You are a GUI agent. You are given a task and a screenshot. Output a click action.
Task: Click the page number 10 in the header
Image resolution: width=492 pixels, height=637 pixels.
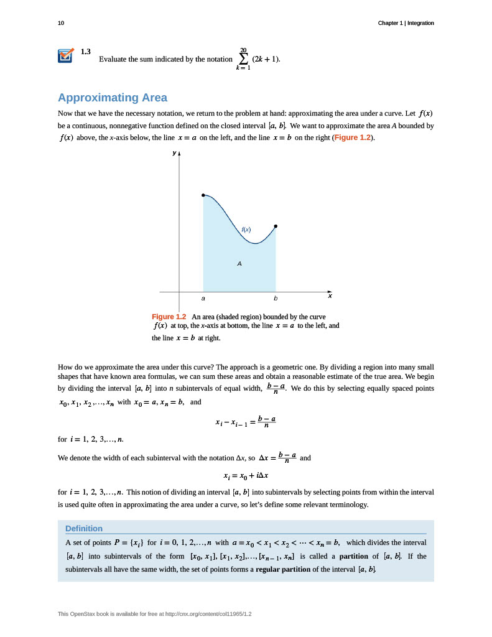(60, 23)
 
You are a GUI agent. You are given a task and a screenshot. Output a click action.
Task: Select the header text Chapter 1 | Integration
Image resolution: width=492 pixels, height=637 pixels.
(406, 23)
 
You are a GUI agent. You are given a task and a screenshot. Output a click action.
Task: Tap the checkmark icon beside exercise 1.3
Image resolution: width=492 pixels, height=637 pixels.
(65, 55)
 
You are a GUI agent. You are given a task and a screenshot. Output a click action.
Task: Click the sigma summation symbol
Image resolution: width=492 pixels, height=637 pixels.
(243, 59)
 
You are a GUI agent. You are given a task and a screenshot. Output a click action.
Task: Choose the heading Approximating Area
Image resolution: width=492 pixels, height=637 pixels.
(112, 98)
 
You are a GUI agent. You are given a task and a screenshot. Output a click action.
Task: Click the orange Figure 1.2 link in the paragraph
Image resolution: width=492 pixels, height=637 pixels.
(353, 137)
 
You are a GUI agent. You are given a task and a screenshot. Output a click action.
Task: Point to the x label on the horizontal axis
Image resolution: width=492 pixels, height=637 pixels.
(330, 296)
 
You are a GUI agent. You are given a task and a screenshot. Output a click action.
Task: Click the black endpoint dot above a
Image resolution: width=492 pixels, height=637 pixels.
(203, 195)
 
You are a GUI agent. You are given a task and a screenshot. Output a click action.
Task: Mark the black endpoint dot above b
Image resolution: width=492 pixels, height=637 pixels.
(276, 226)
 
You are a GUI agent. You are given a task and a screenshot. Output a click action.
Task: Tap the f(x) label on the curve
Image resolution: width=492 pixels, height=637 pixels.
(246, 230)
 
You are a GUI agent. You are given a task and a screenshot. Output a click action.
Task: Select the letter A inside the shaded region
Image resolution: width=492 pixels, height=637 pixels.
(239, 264)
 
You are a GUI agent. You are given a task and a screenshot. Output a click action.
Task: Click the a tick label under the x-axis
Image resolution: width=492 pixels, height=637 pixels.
(203, 299)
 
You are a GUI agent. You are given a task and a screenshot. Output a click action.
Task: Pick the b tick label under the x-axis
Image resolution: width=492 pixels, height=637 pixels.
(276, 299)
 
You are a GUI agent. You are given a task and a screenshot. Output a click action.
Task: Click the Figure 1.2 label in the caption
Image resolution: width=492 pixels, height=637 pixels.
(169, 317)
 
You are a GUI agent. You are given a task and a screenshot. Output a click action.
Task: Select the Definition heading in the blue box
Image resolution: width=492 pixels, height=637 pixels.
(84, 528)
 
